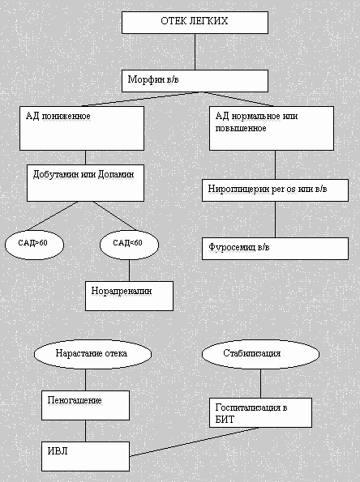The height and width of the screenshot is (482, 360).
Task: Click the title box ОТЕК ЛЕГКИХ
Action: pos(195,23)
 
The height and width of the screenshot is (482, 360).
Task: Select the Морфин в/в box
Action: pos(195,81)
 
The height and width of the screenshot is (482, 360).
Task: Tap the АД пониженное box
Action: pos(82,128)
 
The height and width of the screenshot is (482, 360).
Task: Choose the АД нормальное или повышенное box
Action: pos(272,128)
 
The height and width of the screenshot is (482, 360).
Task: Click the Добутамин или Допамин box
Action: pos(85,183)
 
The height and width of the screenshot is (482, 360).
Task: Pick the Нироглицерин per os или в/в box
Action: pos(275,190)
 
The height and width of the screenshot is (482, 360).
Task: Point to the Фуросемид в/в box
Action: pos(275,249)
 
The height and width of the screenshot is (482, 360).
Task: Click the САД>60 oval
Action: pos(34,245)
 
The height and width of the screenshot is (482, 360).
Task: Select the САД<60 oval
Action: pos(129,245)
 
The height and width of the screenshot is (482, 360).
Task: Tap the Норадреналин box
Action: pos(129,296)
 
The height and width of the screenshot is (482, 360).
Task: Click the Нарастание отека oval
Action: pos(92,354)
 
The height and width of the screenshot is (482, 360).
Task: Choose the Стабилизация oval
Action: pos(260,354)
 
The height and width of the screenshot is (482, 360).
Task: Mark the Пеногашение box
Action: pos(85,405)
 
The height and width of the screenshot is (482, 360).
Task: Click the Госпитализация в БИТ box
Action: pos(260,412)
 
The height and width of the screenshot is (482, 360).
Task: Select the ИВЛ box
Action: pos(85,456)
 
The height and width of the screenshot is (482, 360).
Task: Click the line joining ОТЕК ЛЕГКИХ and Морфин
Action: pos(195,52)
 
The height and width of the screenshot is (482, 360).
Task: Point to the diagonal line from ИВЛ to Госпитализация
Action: pos(194,442)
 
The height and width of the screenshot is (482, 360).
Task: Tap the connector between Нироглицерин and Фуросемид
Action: pos(275,220)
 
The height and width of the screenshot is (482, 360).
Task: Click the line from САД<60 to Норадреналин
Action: pos(129,271)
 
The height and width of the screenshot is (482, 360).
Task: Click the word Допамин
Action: pos(116,175)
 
